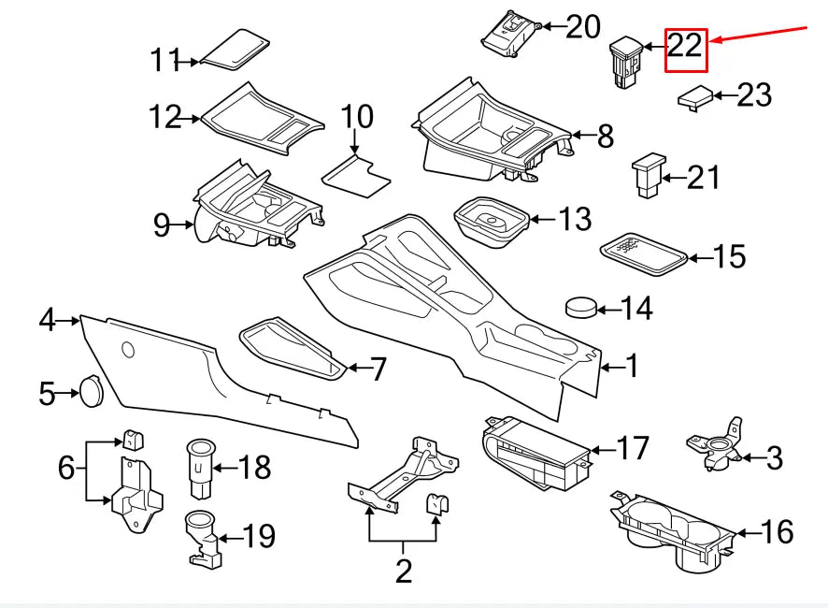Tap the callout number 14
636,309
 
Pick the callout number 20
583,27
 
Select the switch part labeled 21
647,177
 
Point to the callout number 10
356,118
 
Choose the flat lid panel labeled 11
236,50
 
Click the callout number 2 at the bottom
404,571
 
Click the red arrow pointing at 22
759,34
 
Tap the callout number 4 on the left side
47,321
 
